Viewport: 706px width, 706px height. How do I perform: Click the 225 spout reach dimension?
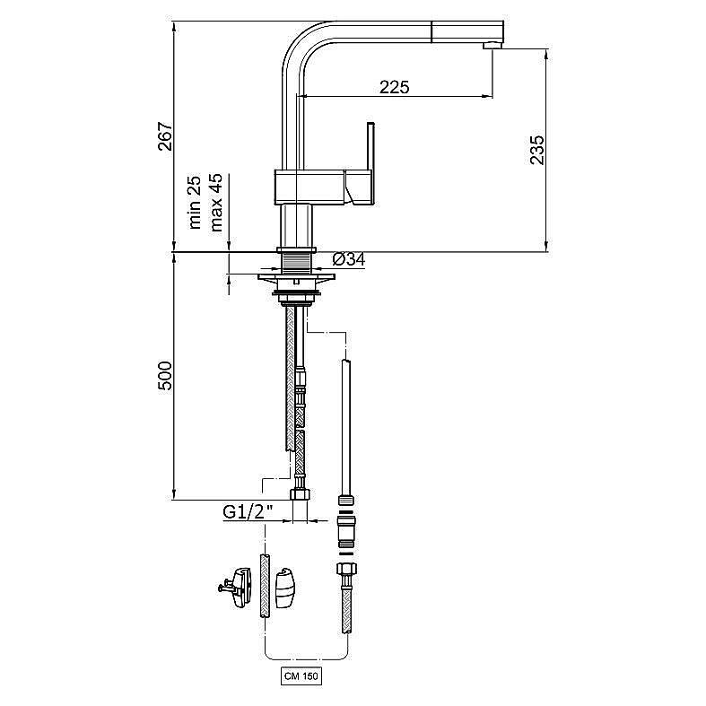[x=395, y=86]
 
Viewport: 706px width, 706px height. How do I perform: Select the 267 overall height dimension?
[x=165, y=136]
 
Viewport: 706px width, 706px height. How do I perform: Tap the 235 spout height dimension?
[x=536, y=150]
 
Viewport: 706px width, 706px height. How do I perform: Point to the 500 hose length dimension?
[x=165, y=376]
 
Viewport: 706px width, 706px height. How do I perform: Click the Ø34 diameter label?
[x=349, y=259]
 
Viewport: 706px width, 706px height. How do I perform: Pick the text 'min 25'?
[x=195, y=203]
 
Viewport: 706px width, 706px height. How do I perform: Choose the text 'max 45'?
[x=216, y=203]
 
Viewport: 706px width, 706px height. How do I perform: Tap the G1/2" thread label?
[x=248, y=512]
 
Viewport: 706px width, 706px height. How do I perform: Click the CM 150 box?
[x=301, y=676]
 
